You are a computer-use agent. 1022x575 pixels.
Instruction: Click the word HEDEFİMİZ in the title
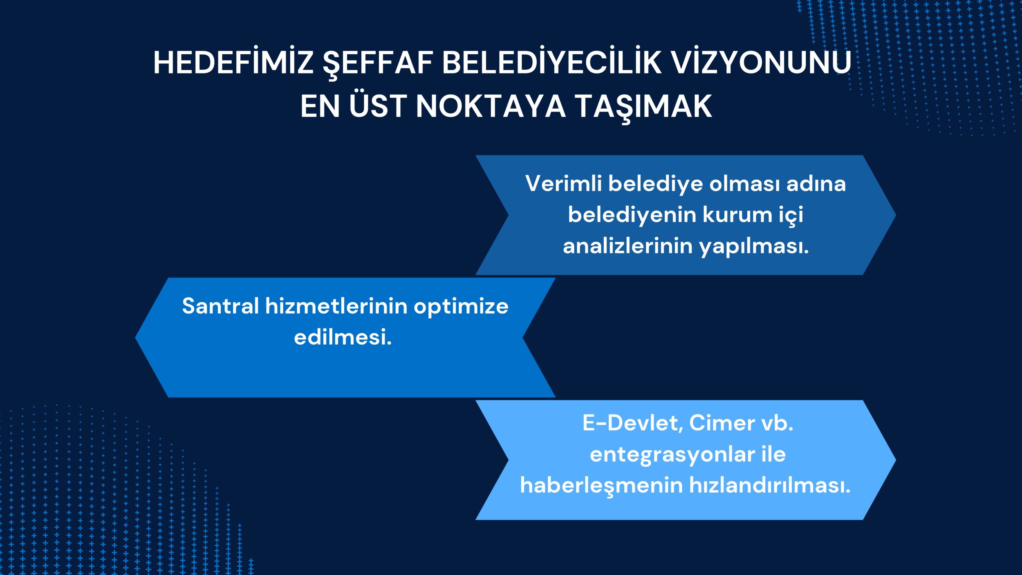(233, 62)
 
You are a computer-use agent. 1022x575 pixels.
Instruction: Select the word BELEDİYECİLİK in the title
(551, 62)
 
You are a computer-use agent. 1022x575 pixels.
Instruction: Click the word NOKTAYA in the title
(491, 106)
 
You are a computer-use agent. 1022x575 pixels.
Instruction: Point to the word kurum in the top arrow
(735, 215)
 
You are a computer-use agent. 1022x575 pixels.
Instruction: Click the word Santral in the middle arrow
(221, 306)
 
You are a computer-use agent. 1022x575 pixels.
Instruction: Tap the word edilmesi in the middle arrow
(343, 337)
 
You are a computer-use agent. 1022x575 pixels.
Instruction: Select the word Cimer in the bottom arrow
(722, 423)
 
